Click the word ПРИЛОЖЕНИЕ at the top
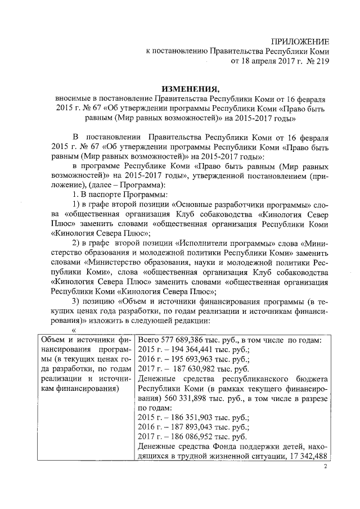[300, 41]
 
